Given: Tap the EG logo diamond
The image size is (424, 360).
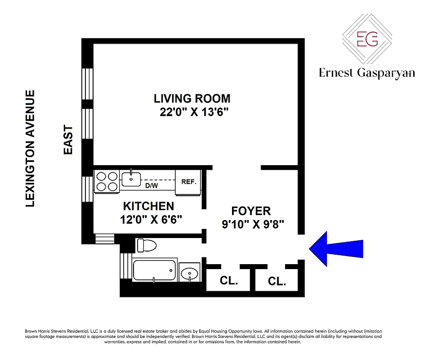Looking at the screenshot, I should point(367,39).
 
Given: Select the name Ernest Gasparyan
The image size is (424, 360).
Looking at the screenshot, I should point(367,73).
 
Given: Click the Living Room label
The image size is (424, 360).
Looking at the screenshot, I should point(192,98).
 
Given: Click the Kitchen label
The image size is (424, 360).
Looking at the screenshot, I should point(148,206).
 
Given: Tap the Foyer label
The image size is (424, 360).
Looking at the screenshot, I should point(251,211).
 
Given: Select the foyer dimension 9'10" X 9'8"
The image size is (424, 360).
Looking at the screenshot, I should point(253,224).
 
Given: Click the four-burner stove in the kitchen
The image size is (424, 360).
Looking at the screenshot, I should point(107,181).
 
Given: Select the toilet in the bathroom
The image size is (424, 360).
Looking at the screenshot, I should point(147,246).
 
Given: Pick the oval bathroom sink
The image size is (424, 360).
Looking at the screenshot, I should point(189,273).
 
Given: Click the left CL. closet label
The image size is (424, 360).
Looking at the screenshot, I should point(228,281).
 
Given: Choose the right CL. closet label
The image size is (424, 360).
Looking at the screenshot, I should point(277,282).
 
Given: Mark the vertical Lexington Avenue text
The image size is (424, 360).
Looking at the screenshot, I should point(30,148).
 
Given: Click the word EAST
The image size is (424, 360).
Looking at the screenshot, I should point(68,140).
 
